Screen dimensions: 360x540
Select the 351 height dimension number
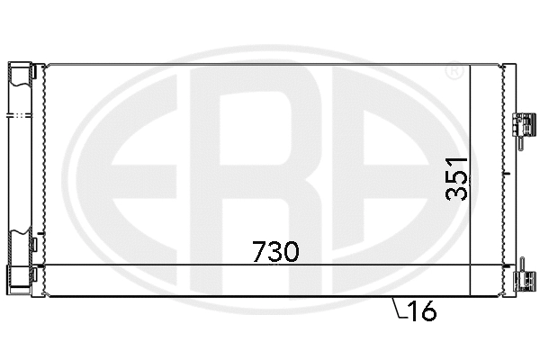tap(458, 177)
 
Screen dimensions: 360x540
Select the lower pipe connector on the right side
tap(520, 280)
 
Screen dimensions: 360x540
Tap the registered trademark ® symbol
tap(455, 70)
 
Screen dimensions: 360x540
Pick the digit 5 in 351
tap(458, 177)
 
